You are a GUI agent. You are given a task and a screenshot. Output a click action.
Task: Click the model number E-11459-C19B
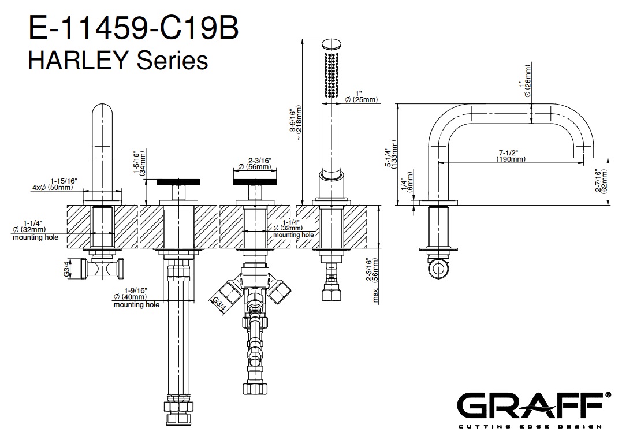133,29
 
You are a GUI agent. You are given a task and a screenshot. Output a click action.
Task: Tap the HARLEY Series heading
118,59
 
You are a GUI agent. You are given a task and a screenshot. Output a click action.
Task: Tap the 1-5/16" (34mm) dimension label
138,163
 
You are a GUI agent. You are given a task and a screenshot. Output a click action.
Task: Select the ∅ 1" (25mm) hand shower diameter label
360,96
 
